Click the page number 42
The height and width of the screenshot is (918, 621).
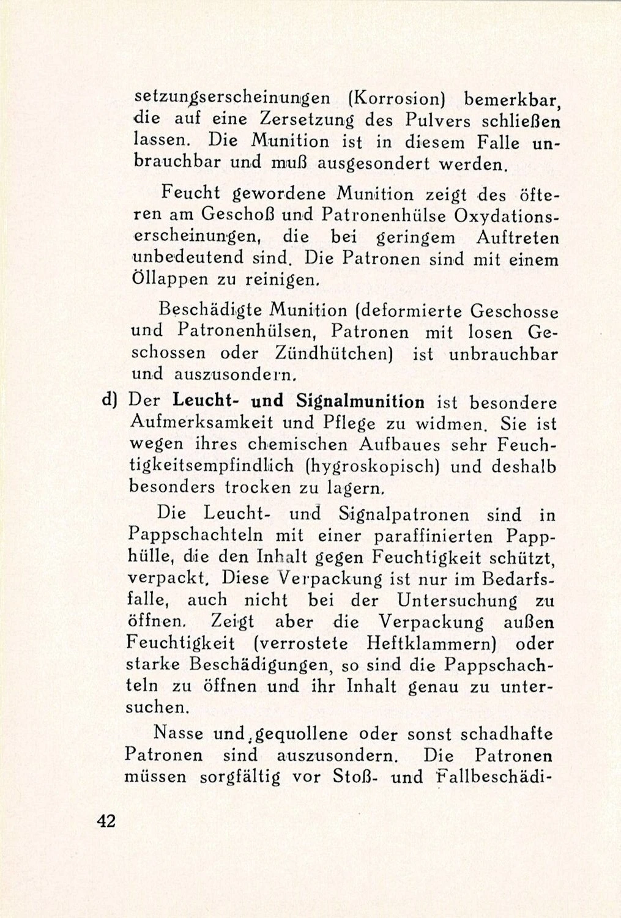(106, 821)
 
